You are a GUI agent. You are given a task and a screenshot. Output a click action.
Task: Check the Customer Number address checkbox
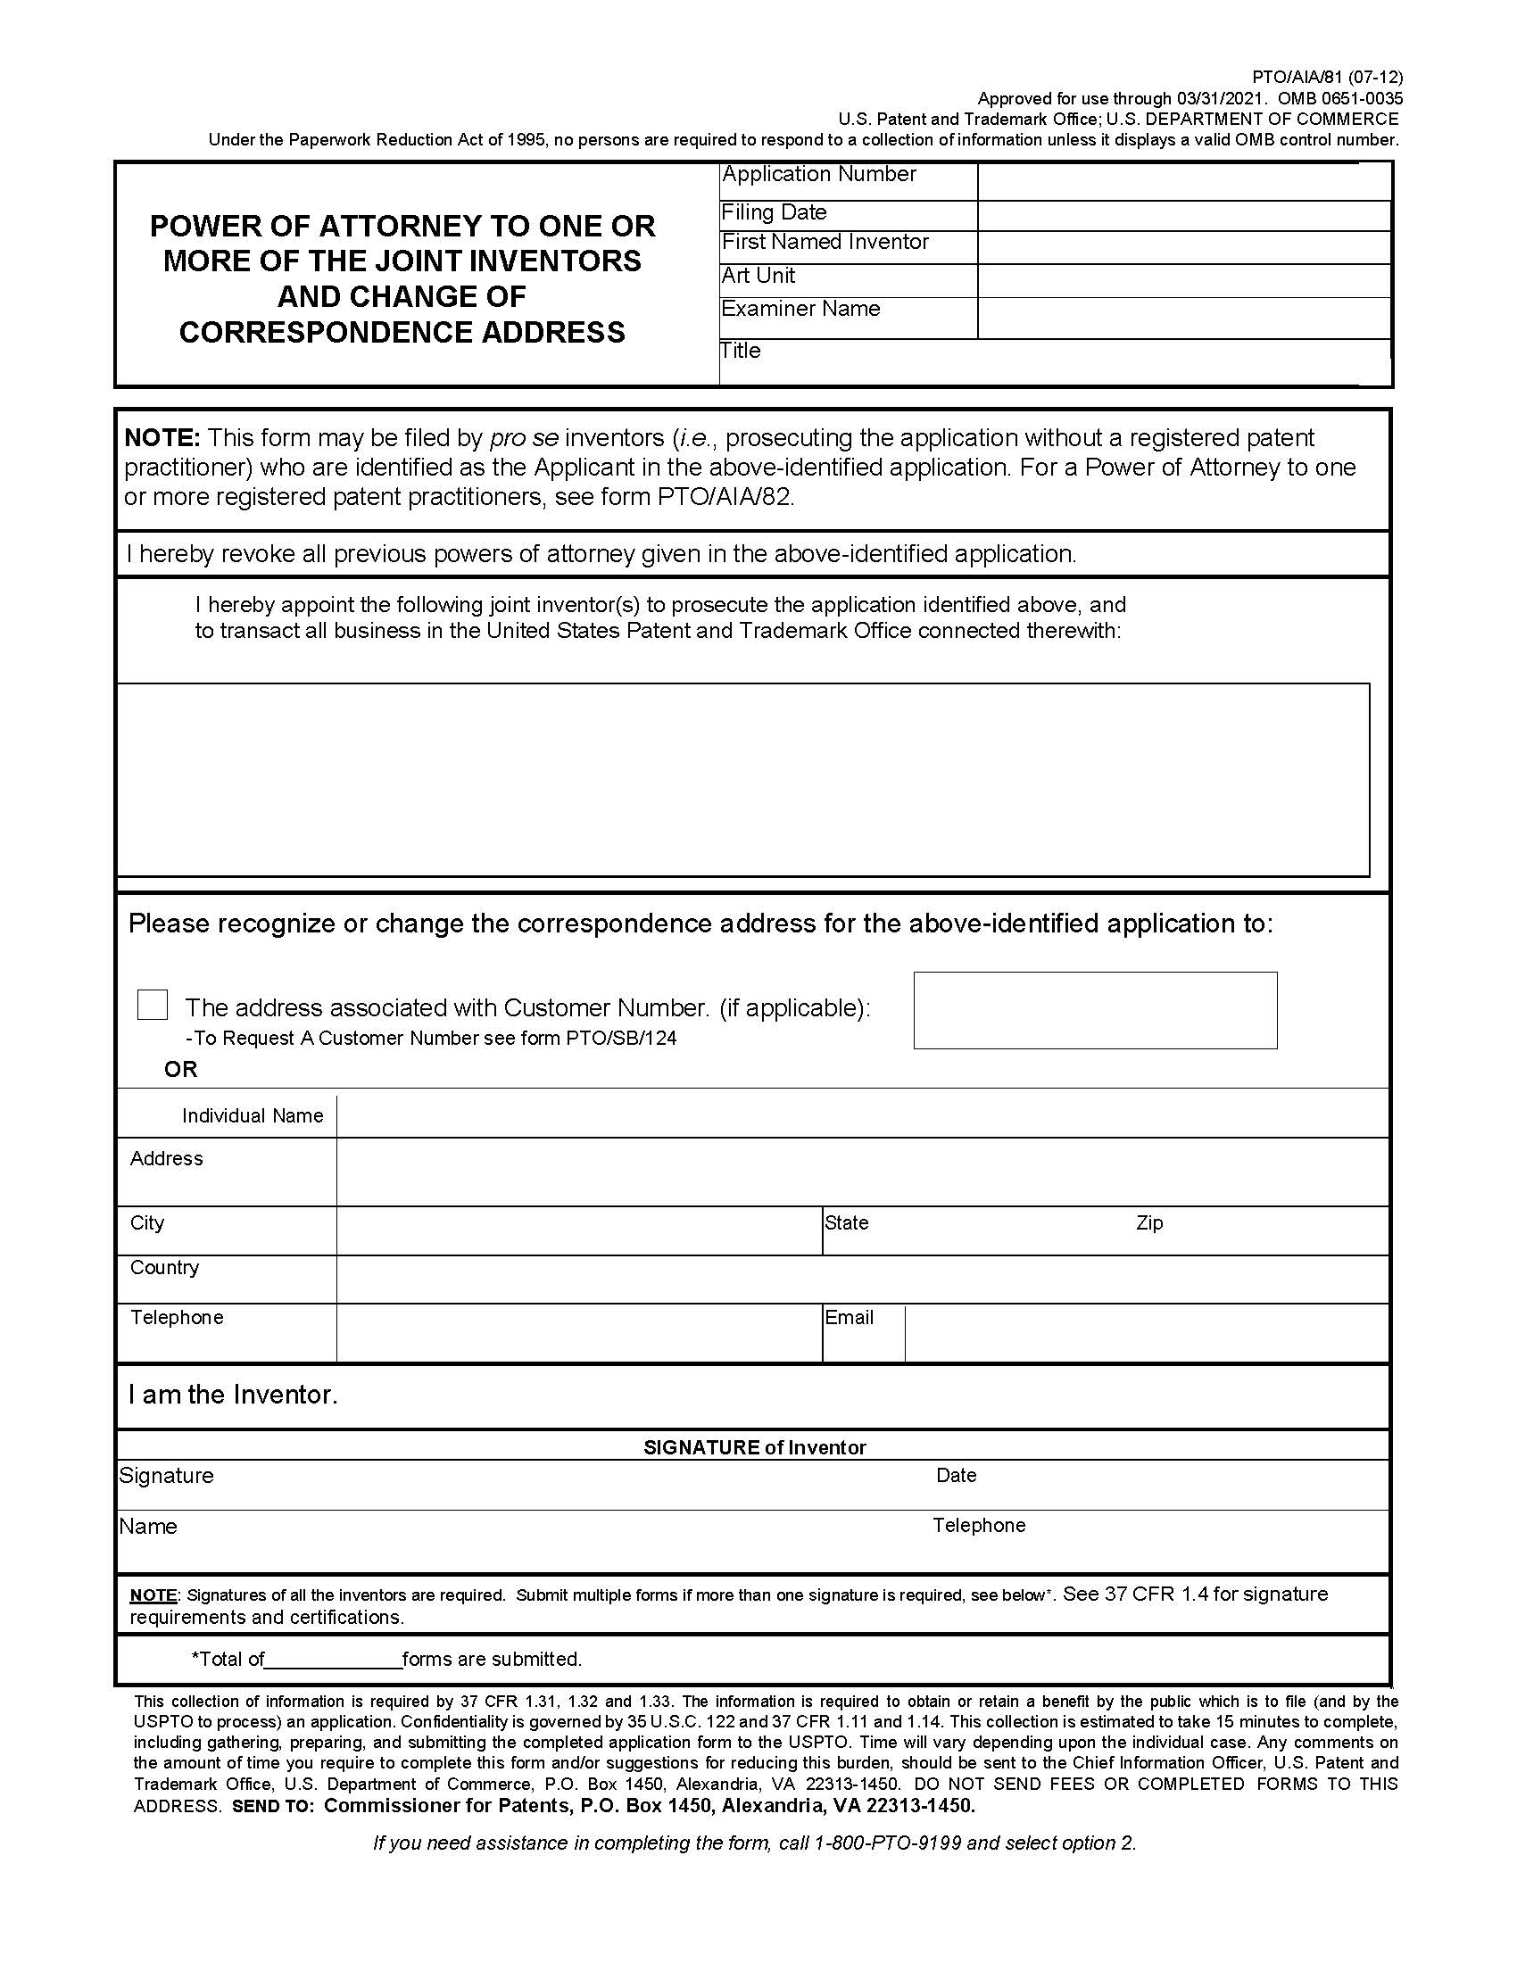(152, 1005)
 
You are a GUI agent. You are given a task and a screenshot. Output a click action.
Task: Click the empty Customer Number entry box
(1095, 1010)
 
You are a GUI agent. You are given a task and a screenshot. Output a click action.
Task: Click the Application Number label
(818, 174)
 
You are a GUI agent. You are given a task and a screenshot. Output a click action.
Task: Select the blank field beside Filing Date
(1183, 216)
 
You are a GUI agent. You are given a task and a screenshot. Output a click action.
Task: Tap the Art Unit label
(758, 276)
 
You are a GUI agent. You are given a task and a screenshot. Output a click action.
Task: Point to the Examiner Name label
(800, 310)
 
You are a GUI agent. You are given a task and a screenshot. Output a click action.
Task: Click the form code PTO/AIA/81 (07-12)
(1326, 78)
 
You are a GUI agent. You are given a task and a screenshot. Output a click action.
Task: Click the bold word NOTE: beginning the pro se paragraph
(161, 438)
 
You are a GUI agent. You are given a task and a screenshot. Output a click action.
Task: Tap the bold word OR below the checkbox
(180, 1069)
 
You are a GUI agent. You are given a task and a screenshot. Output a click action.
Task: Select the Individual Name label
(252, 1115)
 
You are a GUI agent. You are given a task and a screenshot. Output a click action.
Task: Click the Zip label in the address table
(1148, 1222)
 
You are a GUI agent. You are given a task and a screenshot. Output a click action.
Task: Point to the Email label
(849, 1317)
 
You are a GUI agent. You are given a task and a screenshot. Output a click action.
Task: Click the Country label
(164, 1267)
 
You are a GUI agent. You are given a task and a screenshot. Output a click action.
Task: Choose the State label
(847, 1222)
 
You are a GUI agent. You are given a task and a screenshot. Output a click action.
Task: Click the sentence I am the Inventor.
(233, 1394)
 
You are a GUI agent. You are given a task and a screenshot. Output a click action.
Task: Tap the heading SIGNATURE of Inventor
(754, 1447)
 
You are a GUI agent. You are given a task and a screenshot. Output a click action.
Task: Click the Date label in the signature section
(956, 1475)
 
